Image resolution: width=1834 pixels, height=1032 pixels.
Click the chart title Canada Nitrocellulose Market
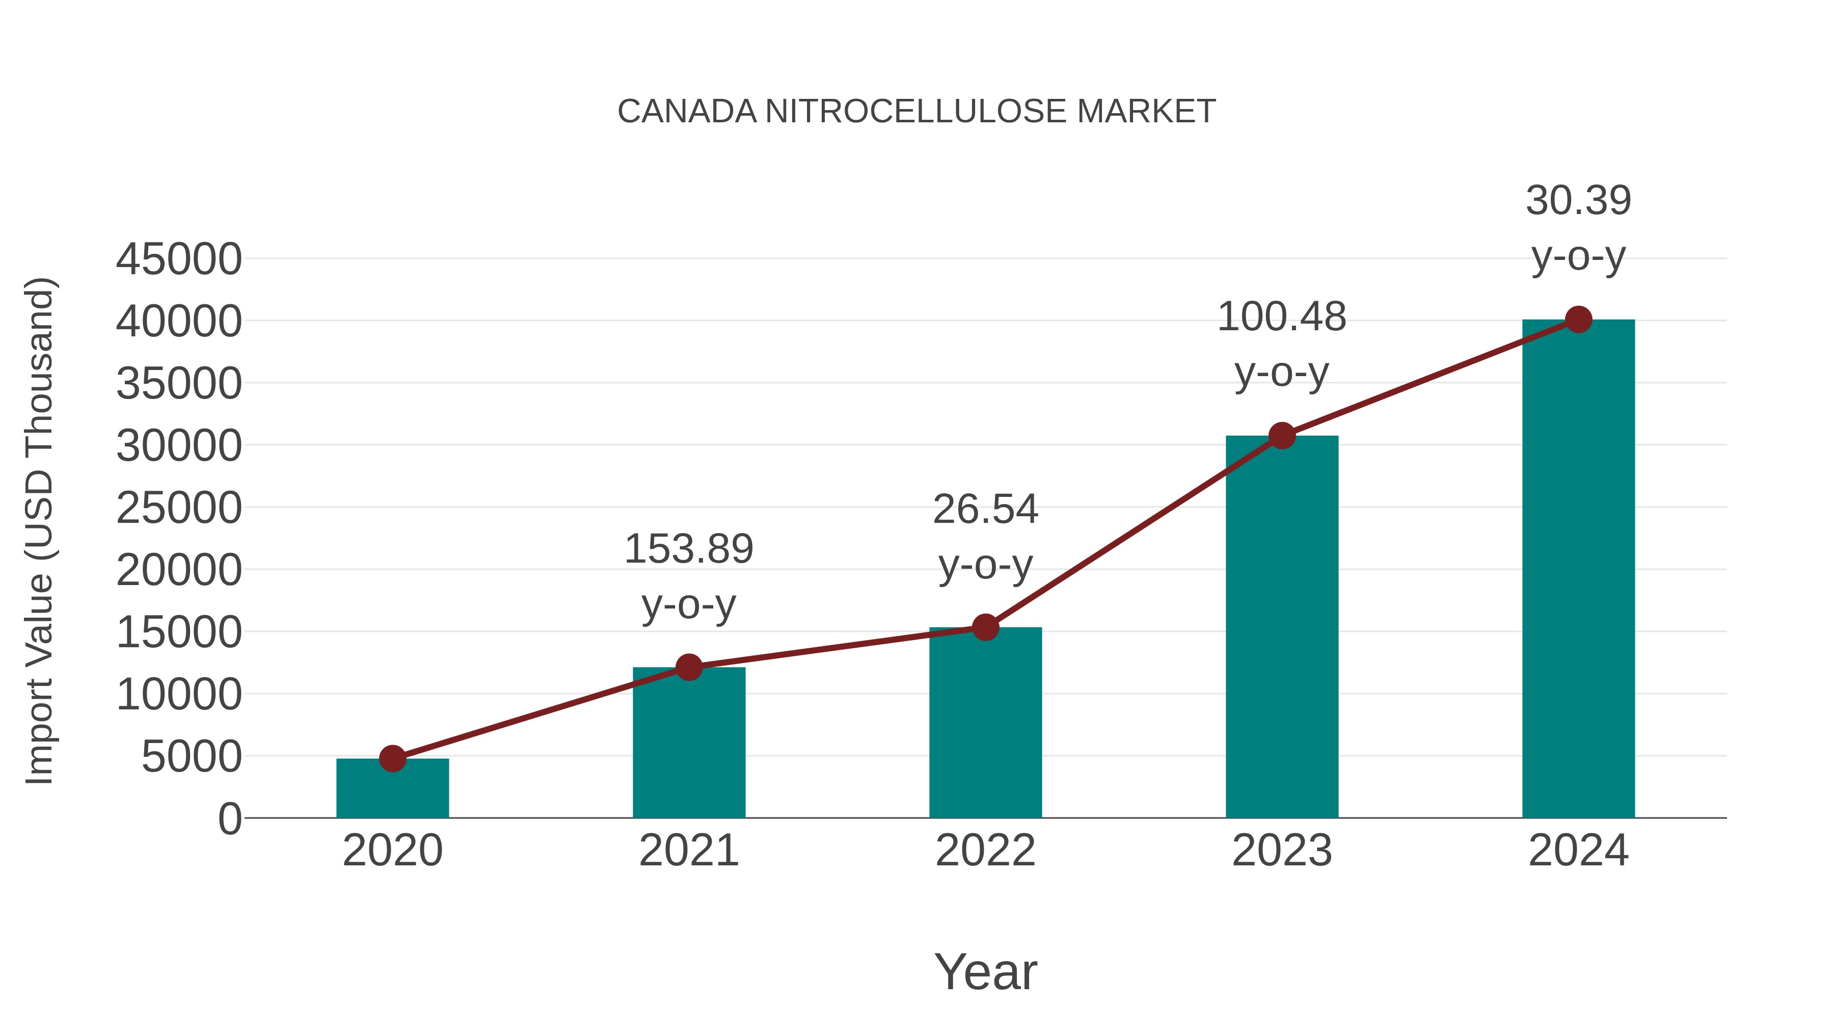916,112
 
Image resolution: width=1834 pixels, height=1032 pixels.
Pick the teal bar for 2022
985,723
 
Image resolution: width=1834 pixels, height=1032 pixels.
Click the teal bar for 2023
1282,627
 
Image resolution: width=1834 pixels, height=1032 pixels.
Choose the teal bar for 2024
1578,570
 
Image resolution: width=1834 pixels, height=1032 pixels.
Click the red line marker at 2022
985,627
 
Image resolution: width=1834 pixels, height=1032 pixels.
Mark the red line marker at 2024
1578,320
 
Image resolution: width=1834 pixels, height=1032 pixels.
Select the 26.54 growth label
985,510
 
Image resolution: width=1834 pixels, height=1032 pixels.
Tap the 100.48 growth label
1282,317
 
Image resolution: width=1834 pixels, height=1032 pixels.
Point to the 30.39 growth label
1578,201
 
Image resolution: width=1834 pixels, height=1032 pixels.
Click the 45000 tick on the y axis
179,259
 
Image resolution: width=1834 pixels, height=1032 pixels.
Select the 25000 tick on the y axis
179,509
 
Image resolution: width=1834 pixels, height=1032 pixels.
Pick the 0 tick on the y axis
229,819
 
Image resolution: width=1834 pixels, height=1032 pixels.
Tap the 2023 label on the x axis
1282,851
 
